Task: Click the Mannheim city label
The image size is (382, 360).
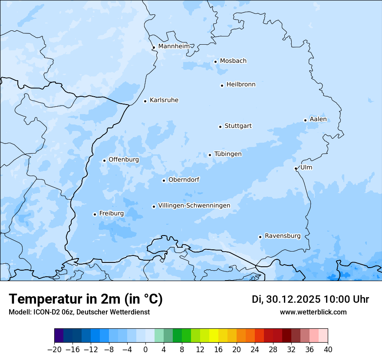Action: tap(174, 46)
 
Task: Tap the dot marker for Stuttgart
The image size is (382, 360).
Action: tap(220, 127)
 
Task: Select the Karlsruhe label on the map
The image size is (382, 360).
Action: tap(164, 100)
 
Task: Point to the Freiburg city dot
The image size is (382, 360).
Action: tap(95, 214)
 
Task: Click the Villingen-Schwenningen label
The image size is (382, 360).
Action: tap(194, 206)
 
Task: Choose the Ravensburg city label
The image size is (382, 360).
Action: tap(283, 236)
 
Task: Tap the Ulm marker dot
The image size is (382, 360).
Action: tap(296, 168)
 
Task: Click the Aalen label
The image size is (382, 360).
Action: tap(318, 119)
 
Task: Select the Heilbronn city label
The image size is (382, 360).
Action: tap(241, 85)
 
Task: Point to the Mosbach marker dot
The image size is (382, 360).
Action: tap(215, 62)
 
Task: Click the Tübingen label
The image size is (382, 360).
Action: tap(228, 154)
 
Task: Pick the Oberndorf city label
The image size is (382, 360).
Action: tap(184, 180)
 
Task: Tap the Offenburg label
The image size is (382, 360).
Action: tap(124, 160)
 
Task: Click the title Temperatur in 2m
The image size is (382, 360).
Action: tap(86, 299)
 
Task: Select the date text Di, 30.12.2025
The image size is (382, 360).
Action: tap(286, 299)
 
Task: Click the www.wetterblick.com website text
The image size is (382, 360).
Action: tap(313, 312)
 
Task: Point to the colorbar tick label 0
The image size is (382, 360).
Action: tap(145, 350)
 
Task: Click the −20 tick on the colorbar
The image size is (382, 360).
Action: tap(54, 350)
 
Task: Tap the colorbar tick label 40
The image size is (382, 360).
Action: tap(328, 350)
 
